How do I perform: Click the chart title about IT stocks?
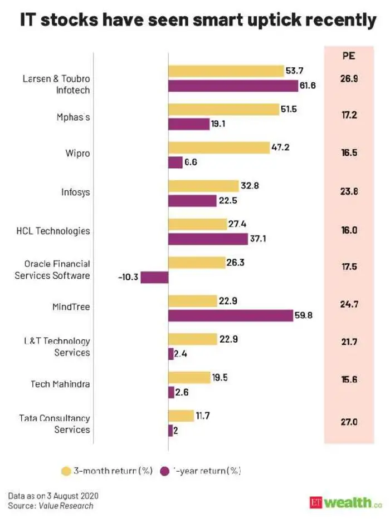point(198,20)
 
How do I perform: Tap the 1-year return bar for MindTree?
point(231,315)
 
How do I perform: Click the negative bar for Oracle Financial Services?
point(154,277)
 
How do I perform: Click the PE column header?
point(348,56)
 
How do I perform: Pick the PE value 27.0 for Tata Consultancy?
point(348,422)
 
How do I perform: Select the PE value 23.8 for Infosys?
point(348,192)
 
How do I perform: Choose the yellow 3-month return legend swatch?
point(66,471)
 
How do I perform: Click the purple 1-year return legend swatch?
point(164,471)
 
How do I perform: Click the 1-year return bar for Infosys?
point(192,200)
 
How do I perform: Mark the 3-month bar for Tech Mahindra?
point(189,378)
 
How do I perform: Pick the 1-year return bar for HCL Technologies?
point(208,239)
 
